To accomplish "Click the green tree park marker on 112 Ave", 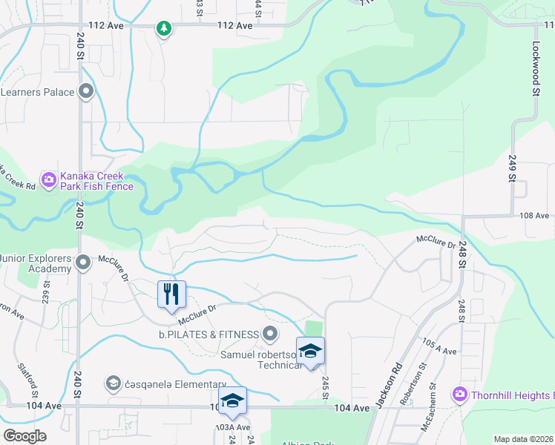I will [163, 28].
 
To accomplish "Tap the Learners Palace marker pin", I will [87, 92].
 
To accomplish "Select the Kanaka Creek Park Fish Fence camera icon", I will [49, 179].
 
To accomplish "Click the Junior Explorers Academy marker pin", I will [83, 261].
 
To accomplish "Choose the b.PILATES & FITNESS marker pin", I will [270, 334].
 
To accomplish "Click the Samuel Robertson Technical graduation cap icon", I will [310, 352].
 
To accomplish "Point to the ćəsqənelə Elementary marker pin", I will [114, 382].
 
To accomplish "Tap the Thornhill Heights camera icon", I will [460, 393].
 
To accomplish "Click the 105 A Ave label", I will [440, 346].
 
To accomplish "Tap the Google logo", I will [25, 436].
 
